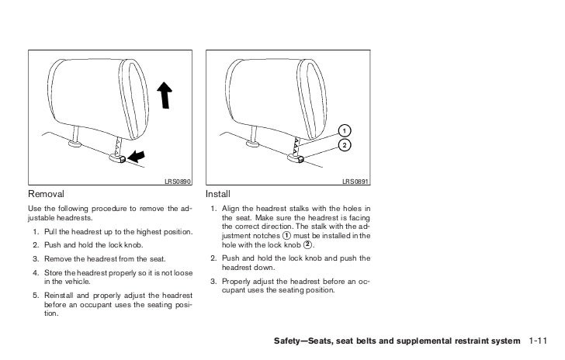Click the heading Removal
44,193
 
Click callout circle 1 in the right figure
343,129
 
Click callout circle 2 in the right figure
343,145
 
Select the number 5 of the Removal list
36,296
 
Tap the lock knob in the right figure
296,158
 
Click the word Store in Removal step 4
54,272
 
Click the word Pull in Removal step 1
51,233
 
